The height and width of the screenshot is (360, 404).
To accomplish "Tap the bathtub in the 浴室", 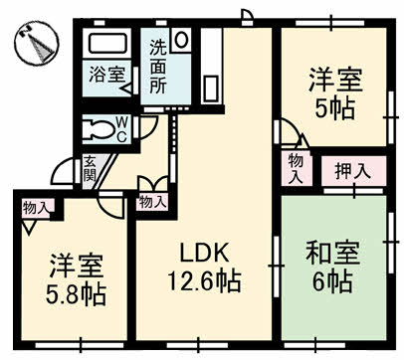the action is (106, 44).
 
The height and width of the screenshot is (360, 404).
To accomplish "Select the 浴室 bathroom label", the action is (106, 75).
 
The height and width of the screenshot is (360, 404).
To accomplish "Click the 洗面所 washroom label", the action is (157, 67).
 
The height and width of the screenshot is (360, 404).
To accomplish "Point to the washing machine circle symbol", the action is (181, 40).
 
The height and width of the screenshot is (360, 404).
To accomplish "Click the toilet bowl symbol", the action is (99, 130).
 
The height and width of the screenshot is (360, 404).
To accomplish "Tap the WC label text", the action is (122, 129).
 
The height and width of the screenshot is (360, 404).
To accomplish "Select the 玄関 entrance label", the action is (90, 168).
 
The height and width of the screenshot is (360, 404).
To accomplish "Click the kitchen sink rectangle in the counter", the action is (211, 89).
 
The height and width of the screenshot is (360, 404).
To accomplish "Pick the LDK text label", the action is (204, 253).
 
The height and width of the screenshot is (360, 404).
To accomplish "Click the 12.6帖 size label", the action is (204, 280).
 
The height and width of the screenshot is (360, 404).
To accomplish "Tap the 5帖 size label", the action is (335, 108).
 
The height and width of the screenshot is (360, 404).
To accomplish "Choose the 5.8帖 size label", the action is (76, 294).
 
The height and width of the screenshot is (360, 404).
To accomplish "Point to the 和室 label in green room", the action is (332, 253).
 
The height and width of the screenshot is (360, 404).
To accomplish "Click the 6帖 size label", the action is (332, 281).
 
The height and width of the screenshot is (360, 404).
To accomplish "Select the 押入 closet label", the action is (352, 171).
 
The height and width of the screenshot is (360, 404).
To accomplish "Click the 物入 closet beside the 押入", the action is (296, 168).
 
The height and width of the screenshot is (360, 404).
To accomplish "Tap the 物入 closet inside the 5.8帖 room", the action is (34, 208).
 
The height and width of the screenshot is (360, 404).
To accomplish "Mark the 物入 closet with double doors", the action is (152, 202).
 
